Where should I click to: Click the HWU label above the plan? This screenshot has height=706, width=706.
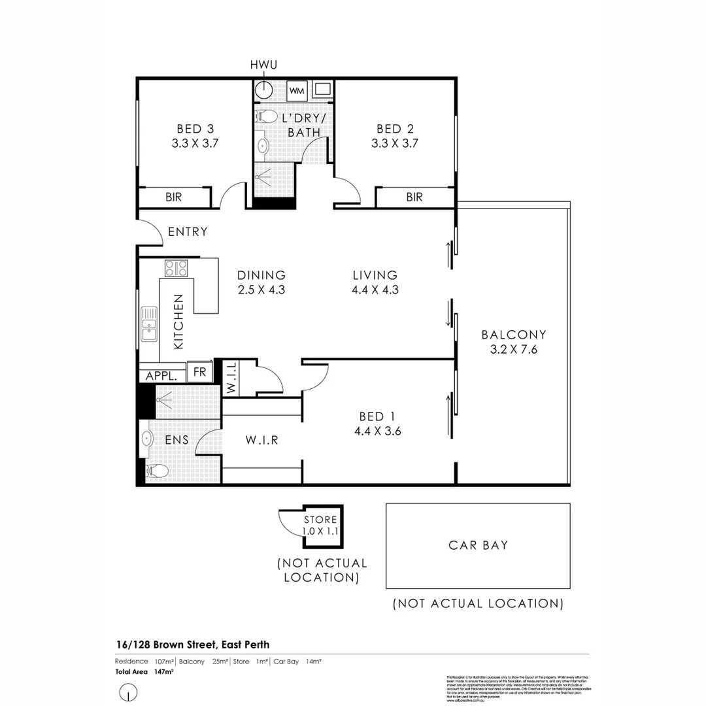click(x=264, y=65)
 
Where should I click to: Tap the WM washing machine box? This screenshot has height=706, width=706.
click(x=296, y=90)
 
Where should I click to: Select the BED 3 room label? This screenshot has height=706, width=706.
click(x=195, y=129)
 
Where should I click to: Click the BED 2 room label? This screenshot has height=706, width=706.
click(x=395, y=129)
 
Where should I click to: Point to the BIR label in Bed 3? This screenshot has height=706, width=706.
click(x=173, y=197)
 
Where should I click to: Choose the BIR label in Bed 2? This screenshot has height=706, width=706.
click(x=414, y=197)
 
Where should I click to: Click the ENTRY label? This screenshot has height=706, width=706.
click(x=188, y=231)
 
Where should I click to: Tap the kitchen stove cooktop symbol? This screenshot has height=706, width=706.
click(x=176, y=267)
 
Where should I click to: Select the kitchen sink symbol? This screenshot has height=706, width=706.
click(x=150, y=324)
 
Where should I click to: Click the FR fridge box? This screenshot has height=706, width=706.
click(x=199, y=372)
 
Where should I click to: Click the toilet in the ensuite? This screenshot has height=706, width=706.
click(x=156, y=470)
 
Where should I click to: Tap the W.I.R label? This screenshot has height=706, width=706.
click(x=262, y=440)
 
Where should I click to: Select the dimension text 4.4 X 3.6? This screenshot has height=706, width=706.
click(x=377, y=431)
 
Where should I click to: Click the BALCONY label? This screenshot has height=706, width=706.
click(x=514, y=335)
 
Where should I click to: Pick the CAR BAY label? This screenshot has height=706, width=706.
click(x=478, y=545)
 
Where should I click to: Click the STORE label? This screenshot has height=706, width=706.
click(x=320, y=520)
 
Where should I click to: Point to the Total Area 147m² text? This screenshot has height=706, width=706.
click(x=144, y=671)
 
